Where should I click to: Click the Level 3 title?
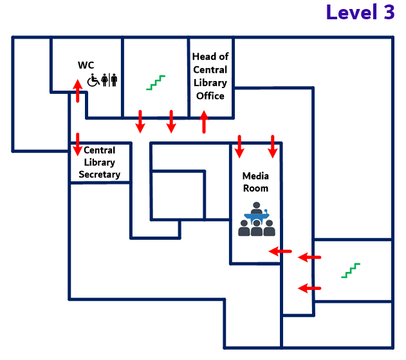(360, 13)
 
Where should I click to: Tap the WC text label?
(86, 65)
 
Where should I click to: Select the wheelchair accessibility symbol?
(93, 80)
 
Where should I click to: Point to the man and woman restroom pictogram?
(109, 80)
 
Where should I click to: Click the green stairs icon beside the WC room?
(156, 82)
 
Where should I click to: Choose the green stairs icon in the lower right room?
(351, 271)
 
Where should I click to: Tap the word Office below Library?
(210, 96)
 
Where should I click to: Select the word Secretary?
(100, 174)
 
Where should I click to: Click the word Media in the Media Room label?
(255, 175)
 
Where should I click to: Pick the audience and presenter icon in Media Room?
(257, 219)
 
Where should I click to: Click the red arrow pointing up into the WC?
(78, 91)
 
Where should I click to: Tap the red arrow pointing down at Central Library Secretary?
(78, 144)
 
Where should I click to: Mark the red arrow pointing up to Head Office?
(204, 122)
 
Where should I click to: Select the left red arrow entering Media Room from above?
(239, 146)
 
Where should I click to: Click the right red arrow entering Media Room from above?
(273, 146)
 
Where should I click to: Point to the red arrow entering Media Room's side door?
(280, 251)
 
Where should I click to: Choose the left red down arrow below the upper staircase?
(140, 122)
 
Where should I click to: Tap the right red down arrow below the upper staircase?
(171, 122)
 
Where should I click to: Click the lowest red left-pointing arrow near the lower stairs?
(310, 288)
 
